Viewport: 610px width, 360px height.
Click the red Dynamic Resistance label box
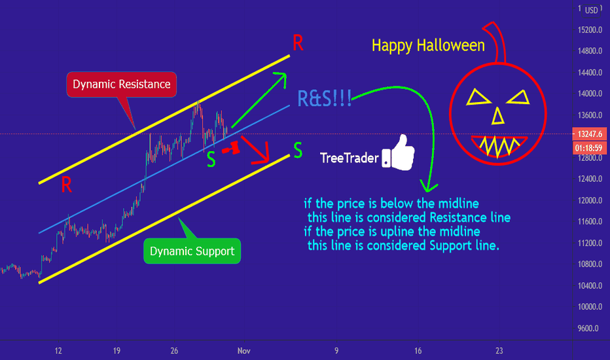tap(121, 84)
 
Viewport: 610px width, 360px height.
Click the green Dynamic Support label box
tap(192, 251)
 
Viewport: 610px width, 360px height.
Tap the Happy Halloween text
tap(428, 46)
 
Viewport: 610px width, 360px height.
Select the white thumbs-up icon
tap(399, 153)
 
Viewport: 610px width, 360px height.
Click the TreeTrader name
tap(349, 158)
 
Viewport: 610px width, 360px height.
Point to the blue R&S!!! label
tap(325, 98)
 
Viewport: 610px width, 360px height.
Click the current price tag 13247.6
tap(590, 134)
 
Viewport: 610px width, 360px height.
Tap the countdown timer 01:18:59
tap(590, 148)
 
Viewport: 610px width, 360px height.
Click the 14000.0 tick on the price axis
tap(590, 94)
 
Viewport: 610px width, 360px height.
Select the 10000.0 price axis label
tap(590, 307)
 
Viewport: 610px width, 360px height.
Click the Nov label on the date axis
tap(244, 351)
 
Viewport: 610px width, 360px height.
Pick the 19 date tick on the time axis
tap(117, 351)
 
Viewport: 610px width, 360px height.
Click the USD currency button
tap(591, 10)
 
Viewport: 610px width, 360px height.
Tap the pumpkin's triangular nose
tap(498, 117)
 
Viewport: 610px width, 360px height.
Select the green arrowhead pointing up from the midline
tap(281, 78)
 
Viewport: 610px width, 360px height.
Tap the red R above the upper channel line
tap(298, 43)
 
